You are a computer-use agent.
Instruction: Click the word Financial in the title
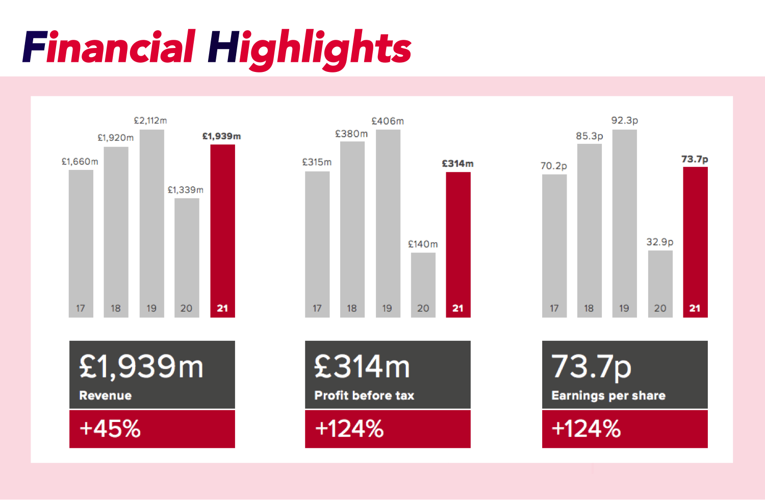coord(109,47)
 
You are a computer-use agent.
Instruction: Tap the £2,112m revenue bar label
coord(150,121)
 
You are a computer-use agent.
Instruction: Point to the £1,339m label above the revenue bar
coord(186,190)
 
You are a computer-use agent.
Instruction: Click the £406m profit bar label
coord(388,121)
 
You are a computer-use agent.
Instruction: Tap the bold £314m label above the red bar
coord(457,164)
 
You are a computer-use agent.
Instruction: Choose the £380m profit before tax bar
coord(352,229)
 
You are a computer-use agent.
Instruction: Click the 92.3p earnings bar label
coord(625,121)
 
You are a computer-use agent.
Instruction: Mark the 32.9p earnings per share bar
coord(660,284)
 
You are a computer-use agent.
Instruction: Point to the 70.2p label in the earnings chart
coord(554,166)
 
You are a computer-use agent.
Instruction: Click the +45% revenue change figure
coord(110,429)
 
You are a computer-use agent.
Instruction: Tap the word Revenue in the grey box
coord(106,395)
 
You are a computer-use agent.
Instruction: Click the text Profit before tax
coord(364,395)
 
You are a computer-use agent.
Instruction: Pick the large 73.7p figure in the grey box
coord(592,367)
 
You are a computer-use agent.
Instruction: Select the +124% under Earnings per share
coord(586,429)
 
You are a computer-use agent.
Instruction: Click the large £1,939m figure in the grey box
coord(141,367)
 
